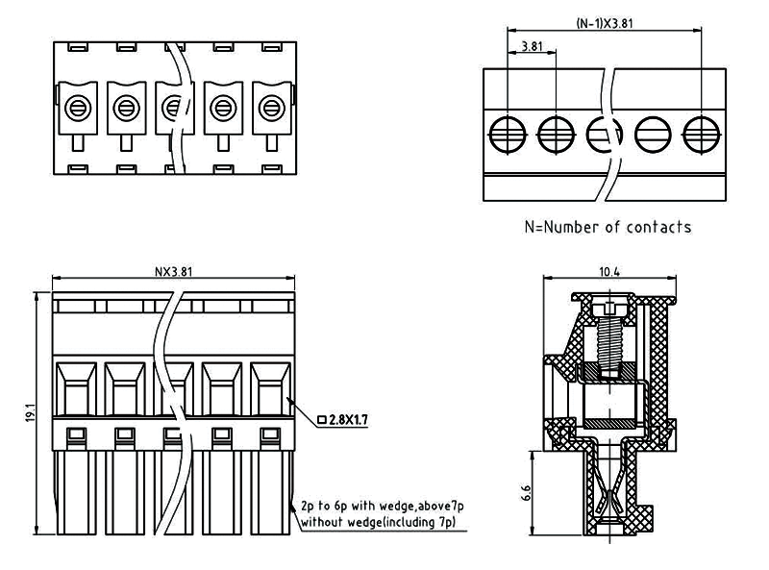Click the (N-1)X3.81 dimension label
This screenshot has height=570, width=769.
click(605, 22)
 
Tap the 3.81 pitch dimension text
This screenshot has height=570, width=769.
click(531, 46)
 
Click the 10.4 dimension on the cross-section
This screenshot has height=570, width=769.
click(609, 272)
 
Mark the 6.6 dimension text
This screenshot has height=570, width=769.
click(525, 494)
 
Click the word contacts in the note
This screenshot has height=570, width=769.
click(658, 227)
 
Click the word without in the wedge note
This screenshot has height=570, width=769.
click(322, 522)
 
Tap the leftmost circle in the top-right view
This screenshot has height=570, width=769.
click(507, 133)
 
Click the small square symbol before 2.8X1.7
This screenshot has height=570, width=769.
click(320, 419)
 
